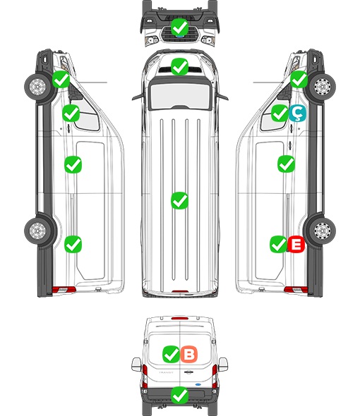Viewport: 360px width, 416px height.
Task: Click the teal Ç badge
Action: point(297,113)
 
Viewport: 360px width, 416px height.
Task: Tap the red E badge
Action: point(296,244)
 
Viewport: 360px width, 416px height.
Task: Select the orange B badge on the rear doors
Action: point(189,354)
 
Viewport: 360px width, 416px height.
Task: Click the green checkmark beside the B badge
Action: point(171,354)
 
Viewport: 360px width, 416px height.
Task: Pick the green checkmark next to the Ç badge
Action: point(280,113)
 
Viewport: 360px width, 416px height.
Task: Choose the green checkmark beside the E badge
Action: point(278,244)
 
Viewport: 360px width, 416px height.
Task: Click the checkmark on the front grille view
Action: point(179,27)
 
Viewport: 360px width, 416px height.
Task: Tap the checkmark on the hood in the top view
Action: point(179,66)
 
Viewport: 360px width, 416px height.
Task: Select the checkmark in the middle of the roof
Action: point(179,200)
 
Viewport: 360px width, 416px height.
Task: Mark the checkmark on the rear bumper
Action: point(179,396)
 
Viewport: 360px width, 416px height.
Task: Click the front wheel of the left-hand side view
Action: point(37,87)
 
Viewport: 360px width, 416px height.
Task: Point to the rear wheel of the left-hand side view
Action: point(37,231)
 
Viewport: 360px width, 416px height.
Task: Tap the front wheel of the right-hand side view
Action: point(322,87)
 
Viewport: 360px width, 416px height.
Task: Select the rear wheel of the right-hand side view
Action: point(322,231)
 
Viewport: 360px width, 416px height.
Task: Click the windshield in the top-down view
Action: point(180,95)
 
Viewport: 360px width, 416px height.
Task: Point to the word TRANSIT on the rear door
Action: point(166,372)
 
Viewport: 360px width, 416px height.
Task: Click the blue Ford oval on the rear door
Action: point(198,384)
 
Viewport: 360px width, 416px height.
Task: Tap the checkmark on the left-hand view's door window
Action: point(71,113)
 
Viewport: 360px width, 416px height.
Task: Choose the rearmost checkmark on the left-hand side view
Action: point(73,244)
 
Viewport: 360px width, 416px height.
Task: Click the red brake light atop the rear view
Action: point(180,318)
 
